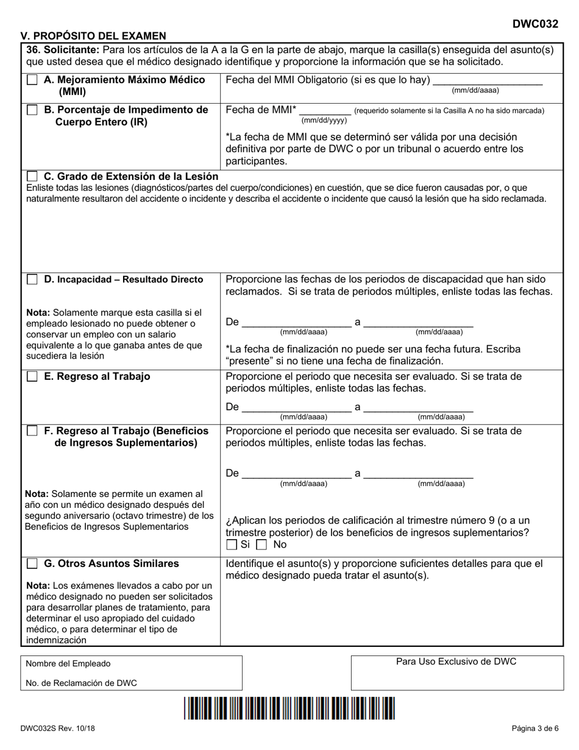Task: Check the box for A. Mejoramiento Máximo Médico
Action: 32,80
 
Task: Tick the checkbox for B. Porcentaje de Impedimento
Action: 32,110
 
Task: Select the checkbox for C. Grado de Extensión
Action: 32,176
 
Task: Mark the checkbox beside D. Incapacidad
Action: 32,279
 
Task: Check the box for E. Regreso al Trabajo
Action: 32,377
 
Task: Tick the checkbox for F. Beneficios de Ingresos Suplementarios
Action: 32,431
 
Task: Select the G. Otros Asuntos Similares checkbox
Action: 32,563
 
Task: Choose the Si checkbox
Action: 232,545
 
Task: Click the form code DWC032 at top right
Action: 535,24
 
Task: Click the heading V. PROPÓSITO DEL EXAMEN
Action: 93,36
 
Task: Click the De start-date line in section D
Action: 296,323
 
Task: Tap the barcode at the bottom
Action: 290,709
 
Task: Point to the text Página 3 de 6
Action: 535,728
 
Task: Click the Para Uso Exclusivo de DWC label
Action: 456,662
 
